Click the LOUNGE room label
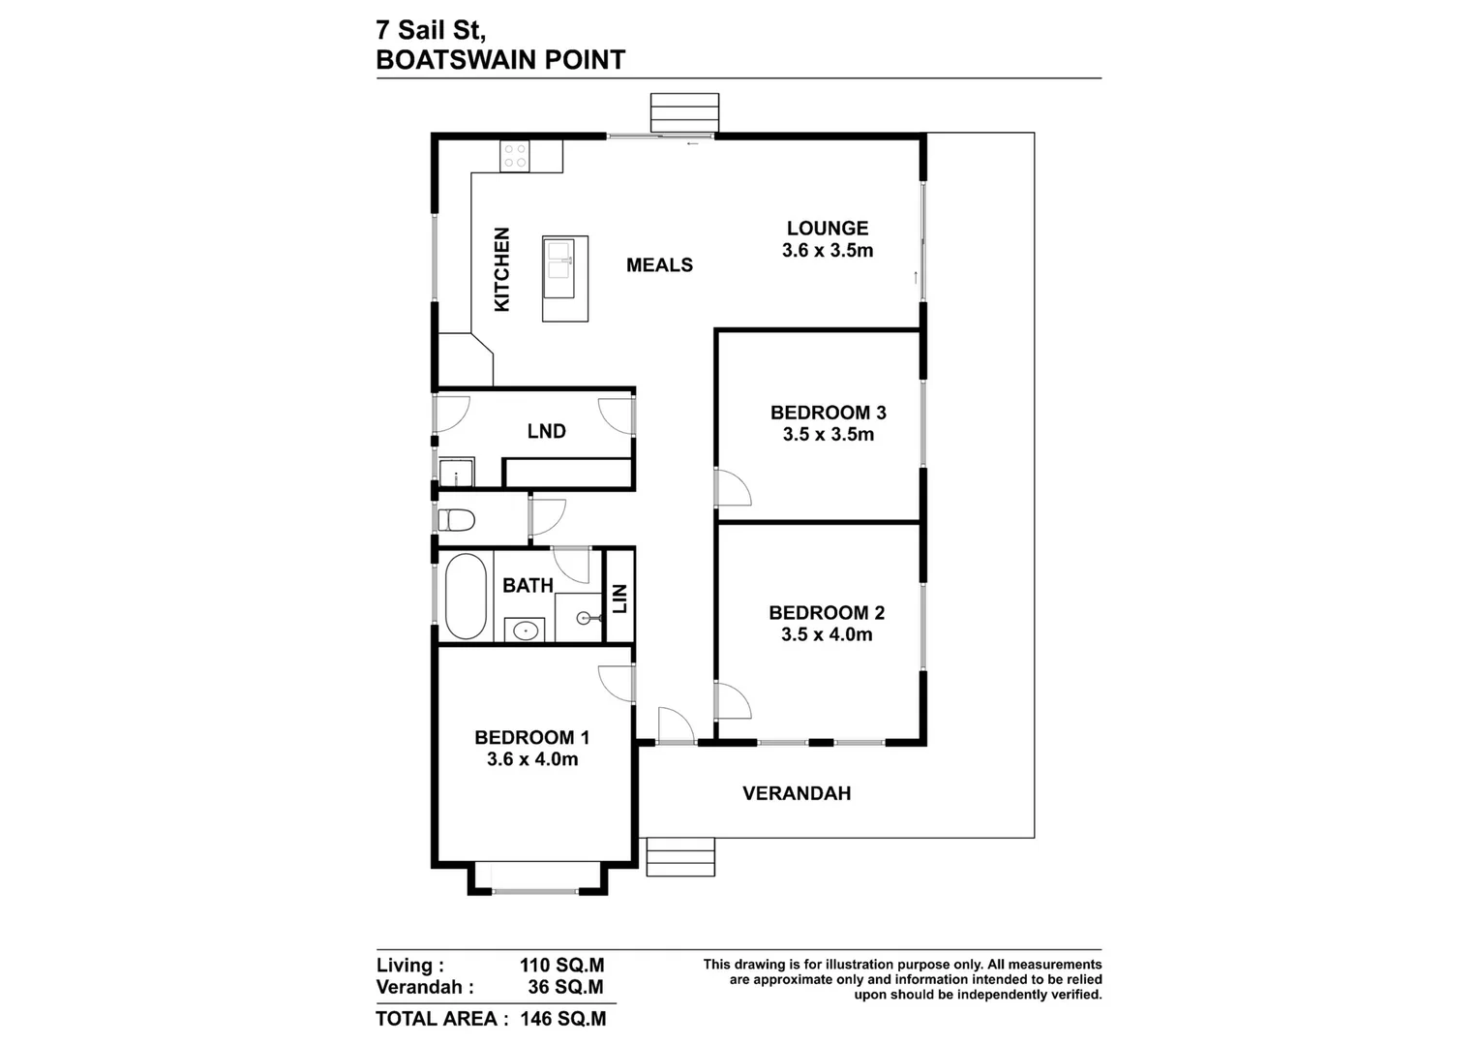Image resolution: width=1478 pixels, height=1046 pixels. pos(827,229)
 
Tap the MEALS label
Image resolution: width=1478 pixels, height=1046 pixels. pos(659,264)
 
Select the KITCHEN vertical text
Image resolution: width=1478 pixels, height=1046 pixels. pos(501,269)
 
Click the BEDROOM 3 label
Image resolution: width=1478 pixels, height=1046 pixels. pos(828,413)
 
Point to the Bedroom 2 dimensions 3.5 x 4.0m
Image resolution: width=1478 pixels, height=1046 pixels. pos(827,634)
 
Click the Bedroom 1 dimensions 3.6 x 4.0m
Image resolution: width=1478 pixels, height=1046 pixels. pos(532,759)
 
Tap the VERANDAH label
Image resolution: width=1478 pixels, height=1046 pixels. pos(796,793)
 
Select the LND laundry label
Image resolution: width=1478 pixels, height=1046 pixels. pos(546,431)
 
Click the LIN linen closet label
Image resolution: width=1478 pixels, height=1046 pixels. pos(619,599)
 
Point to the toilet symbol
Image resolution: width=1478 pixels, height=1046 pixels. pos(456,521)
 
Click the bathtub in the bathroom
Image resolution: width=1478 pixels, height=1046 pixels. pos(464,596)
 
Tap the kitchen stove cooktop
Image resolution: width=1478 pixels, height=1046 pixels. pos(514,156)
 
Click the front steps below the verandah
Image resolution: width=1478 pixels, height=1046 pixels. pos(680,857)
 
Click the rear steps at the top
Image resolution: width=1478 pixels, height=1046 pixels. pos(684,112)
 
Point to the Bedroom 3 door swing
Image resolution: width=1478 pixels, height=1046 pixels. pos(734,487)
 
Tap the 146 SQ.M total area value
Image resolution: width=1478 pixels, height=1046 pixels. pos(562,1019)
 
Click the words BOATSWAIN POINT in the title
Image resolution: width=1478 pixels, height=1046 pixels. pos(499,60)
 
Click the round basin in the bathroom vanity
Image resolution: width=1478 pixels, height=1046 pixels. pos(525,631)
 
